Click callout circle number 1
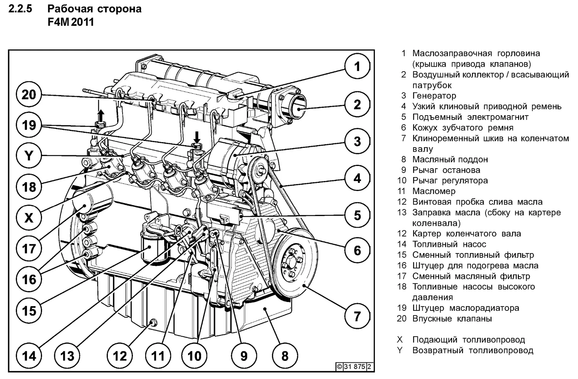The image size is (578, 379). (357, 66)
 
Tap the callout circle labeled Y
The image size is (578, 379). (29, 156)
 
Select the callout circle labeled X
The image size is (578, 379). (29, 218)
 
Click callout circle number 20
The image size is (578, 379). (29, 94)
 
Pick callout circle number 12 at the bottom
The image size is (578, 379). (119, 356)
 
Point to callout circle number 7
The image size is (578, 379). (357, 316)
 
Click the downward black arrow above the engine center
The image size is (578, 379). (197, 137)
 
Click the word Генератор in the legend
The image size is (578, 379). (434, 96)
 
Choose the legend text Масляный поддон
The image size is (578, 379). (450, 159)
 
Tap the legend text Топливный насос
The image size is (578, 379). (449, 244)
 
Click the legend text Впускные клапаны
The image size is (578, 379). (452, 319)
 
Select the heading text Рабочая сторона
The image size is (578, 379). (94, 9)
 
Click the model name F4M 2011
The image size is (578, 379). (71, 22)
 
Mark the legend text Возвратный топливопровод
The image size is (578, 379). (472, 350)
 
